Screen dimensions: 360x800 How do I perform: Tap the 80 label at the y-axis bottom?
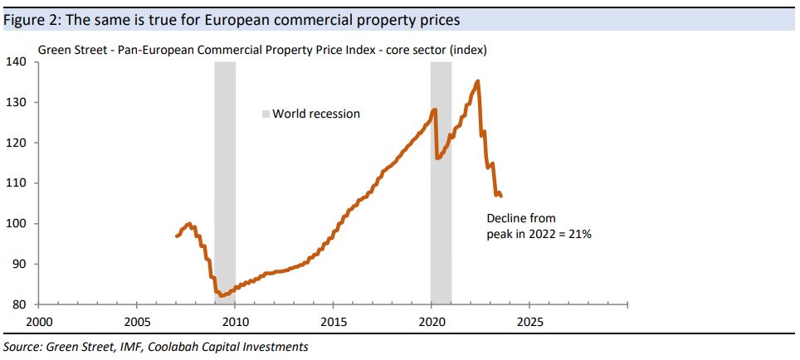(x=20, y=304)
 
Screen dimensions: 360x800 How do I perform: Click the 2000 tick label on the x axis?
(x=39, y=321)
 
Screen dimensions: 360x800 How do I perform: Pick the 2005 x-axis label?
(x=137, y=321)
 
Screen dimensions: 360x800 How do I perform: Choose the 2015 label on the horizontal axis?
(x=334, y=321)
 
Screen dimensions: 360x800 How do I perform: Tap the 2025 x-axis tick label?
(x=530, y=321)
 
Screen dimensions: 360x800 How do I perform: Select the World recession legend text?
(x=316, y=114)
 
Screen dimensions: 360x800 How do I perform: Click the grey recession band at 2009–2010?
(x=225, y=182)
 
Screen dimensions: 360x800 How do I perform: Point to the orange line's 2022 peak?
(x=477, y=81)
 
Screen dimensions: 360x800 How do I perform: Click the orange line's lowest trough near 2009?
(x=221, y=295)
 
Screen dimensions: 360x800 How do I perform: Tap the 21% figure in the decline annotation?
(x=580, y=235)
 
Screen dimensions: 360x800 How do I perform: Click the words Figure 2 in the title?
(x=31, y=18)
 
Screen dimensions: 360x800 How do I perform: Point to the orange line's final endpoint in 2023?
(x=500, y=197)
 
